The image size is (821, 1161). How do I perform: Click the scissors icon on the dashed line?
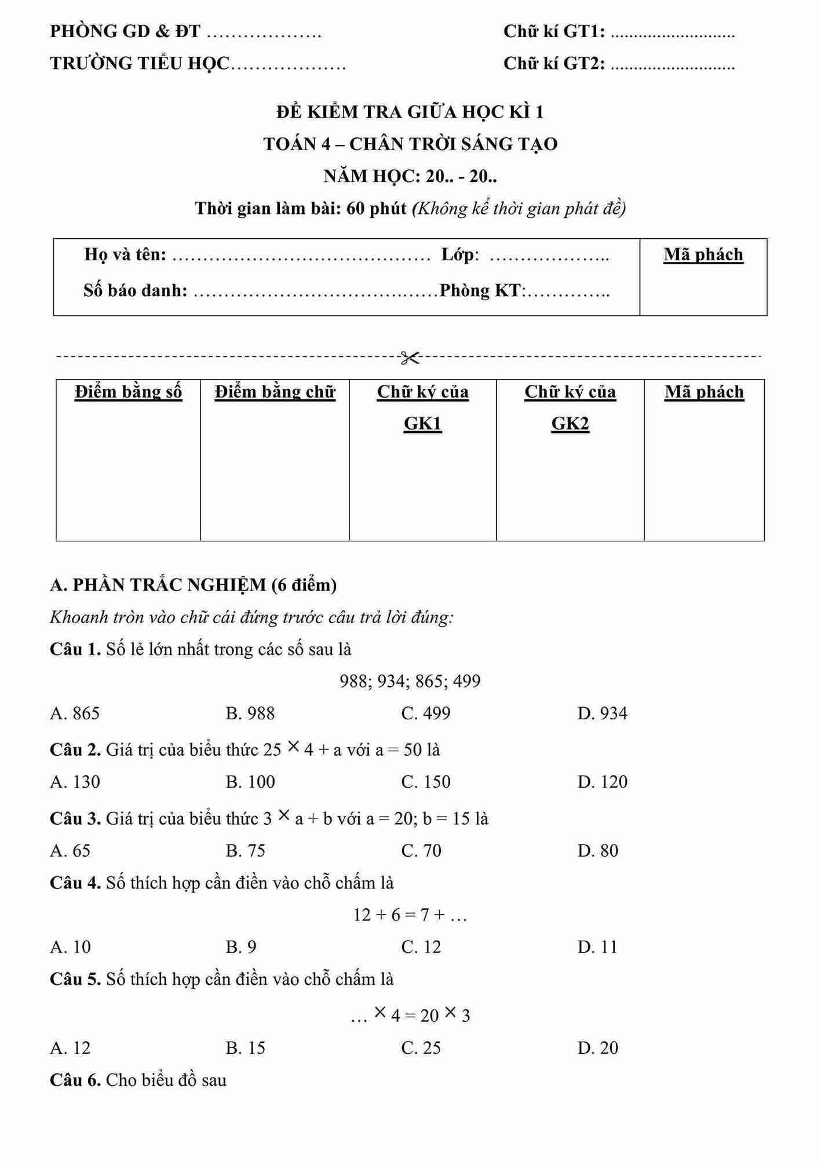[410, 358]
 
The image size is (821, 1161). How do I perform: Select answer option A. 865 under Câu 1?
[75, 713]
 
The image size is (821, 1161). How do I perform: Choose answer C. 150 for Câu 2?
[426, 781]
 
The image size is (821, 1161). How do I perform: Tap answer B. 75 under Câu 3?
[245, 850]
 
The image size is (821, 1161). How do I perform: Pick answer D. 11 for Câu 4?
[597, 947]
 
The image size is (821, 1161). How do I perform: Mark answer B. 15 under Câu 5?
[245, 1047]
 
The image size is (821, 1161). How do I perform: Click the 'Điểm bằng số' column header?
[128, 392]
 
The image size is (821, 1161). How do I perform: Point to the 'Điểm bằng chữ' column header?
[275, 392]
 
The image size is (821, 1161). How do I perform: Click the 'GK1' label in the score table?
[422, 424]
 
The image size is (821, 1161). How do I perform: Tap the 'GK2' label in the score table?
[570, 424]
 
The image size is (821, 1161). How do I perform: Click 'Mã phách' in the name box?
[703, 254]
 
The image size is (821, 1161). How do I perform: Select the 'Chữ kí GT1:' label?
[554, 31]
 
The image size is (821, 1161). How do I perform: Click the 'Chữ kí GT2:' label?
[554, 63]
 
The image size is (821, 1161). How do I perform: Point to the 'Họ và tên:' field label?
[125, 254]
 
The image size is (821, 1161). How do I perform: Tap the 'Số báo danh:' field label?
[135, 290]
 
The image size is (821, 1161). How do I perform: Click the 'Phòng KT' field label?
[481, 290]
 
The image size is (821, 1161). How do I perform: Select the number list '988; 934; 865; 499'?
[410, 681]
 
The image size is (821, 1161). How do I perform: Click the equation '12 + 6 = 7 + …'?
[410, 915]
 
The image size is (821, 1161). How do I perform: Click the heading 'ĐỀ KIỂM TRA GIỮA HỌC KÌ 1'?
[410, 111]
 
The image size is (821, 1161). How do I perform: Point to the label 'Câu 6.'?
[75, 1080]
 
